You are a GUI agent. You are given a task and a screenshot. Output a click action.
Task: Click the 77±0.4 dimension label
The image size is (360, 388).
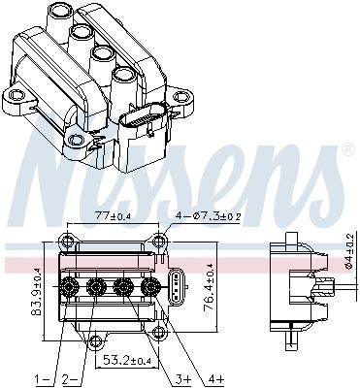tap(112, 215)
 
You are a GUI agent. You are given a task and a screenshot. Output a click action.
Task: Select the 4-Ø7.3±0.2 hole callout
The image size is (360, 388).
tap(209, 215)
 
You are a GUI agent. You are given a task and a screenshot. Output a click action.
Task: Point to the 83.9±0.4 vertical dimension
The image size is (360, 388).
tap(36, 292)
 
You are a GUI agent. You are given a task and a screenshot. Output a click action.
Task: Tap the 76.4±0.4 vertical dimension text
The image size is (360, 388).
tap(209, 287)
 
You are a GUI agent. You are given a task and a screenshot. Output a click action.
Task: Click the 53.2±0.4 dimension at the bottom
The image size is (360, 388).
tap(127, 359)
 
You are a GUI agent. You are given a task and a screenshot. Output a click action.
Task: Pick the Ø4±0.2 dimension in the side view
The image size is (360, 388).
tap(350, 250)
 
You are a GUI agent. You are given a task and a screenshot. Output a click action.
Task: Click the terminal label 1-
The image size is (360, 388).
tap(41, 378)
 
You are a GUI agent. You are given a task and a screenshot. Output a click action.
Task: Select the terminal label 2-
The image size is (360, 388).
tap(70, 378)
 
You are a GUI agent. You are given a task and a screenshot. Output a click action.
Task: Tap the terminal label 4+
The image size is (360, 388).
tap(216, 378)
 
